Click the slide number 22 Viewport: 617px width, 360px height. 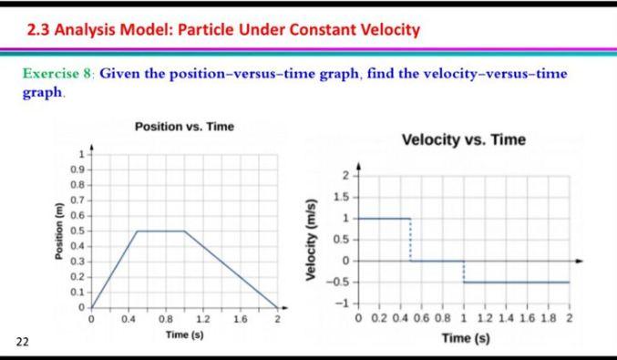pyautogui.click(x=21, y=341)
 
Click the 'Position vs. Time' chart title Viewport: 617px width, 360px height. pyautogui.click(x=184, y=126)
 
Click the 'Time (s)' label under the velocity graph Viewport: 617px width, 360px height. pyautogui.click(x=466, y=338)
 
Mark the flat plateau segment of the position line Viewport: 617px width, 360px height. pyautogui.click(x=160, y=231)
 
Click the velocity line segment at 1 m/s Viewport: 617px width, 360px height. pyautogui.click(x=383, y=219)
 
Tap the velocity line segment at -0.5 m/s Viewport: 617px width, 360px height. pyautogui.click(x=517, y=283)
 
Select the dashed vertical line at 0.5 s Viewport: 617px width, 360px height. pyautogui.click(x=411, y=240)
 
